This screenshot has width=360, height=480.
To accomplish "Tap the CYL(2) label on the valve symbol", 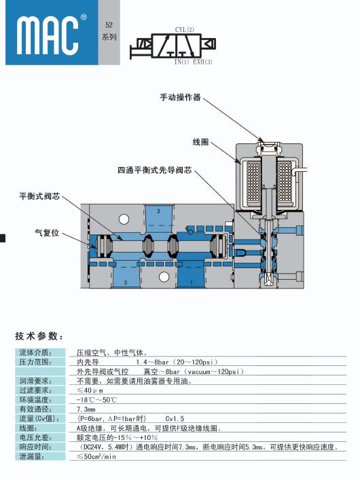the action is click(x=185, y=29).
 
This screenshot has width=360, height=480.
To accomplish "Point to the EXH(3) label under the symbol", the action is click(x=202, y=62).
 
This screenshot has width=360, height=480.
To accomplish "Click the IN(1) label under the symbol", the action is click(x=181, y=62).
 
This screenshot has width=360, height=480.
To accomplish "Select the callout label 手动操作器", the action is click(x=180, y=97).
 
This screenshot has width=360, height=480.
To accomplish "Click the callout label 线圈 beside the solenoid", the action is click(x=200, y=142).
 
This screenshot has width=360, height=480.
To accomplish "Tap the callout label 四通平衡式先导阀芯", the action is click(x=155, y=170).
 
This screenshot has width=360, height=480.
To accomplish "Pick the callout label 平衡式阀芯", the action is click(x=39, y=196).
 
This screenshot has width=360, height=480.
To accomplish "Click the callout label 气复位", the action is click(x=47, y=233).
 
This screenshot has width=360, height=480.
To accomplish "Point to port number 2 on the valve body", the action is click(x=158, y=211).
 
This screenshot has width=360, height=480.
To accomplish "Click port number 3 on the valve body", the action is click(x=125, y=282).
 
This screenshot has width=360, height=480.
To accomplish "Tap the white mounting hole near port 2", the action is click(x=124, y=219).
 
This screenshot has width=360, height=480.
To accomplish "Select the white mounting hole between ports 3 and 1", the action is click(x=164, y=277).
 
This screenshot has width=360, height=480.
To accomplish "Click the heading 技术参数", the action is click(x=39, y=336).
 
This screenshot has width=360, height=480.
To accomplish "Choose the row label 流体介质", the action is click(x=35, y=352).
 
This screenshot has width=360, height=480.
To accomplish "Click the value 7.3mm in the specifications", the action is click(x=86, y=409).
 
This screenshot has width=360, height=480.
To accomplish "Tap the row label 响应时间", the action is click(x=35, y=447).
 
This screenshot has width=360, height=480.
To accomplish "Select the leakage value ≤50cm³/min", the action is click(x=96, y=456).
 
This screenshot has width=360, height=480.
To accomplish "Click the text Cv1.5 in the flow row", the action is click(x=175, y=419).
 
